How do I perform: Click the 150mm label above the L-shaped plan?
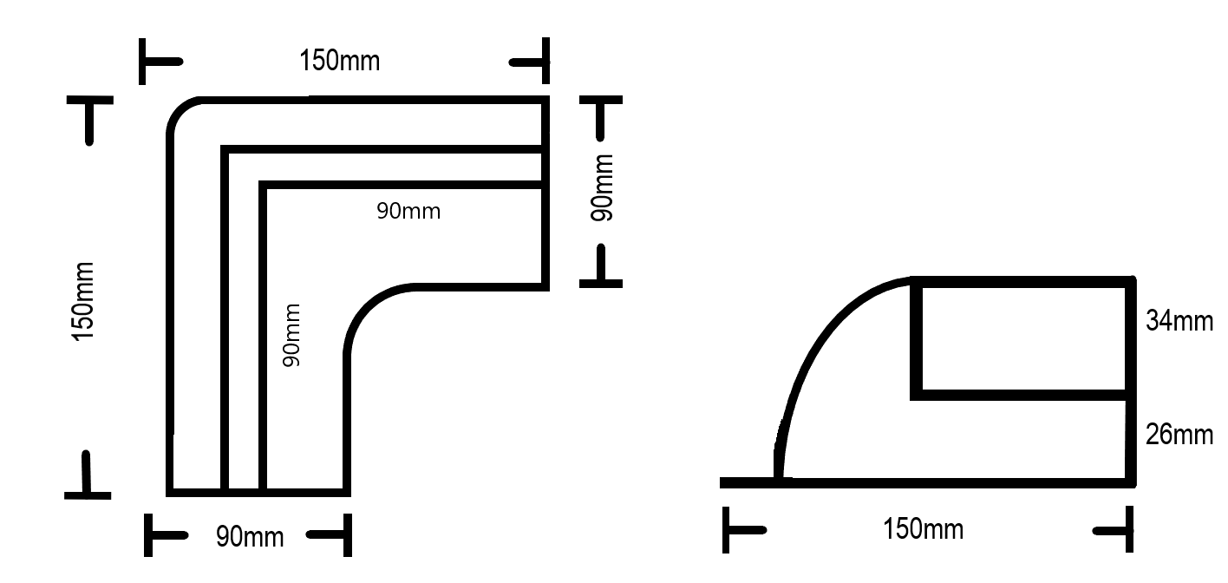[339, 62]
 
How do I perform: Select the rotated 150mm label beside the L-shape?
[83, 300]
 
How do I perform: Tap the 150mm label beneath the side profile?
[923, 528]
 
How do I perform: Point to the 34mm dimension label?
[1179, 321]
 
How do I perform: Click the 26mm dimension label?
[1179, 434]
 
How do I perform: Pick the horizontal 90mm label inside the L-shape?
[408, 211]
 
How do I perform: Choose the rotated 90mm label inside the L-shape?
[292, 334]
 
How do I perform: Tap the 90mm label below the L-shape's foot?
[250, 537]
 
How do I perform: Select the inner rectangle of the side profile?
[1023, 338]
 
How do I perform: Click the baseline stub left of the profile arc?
[748, 482]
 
